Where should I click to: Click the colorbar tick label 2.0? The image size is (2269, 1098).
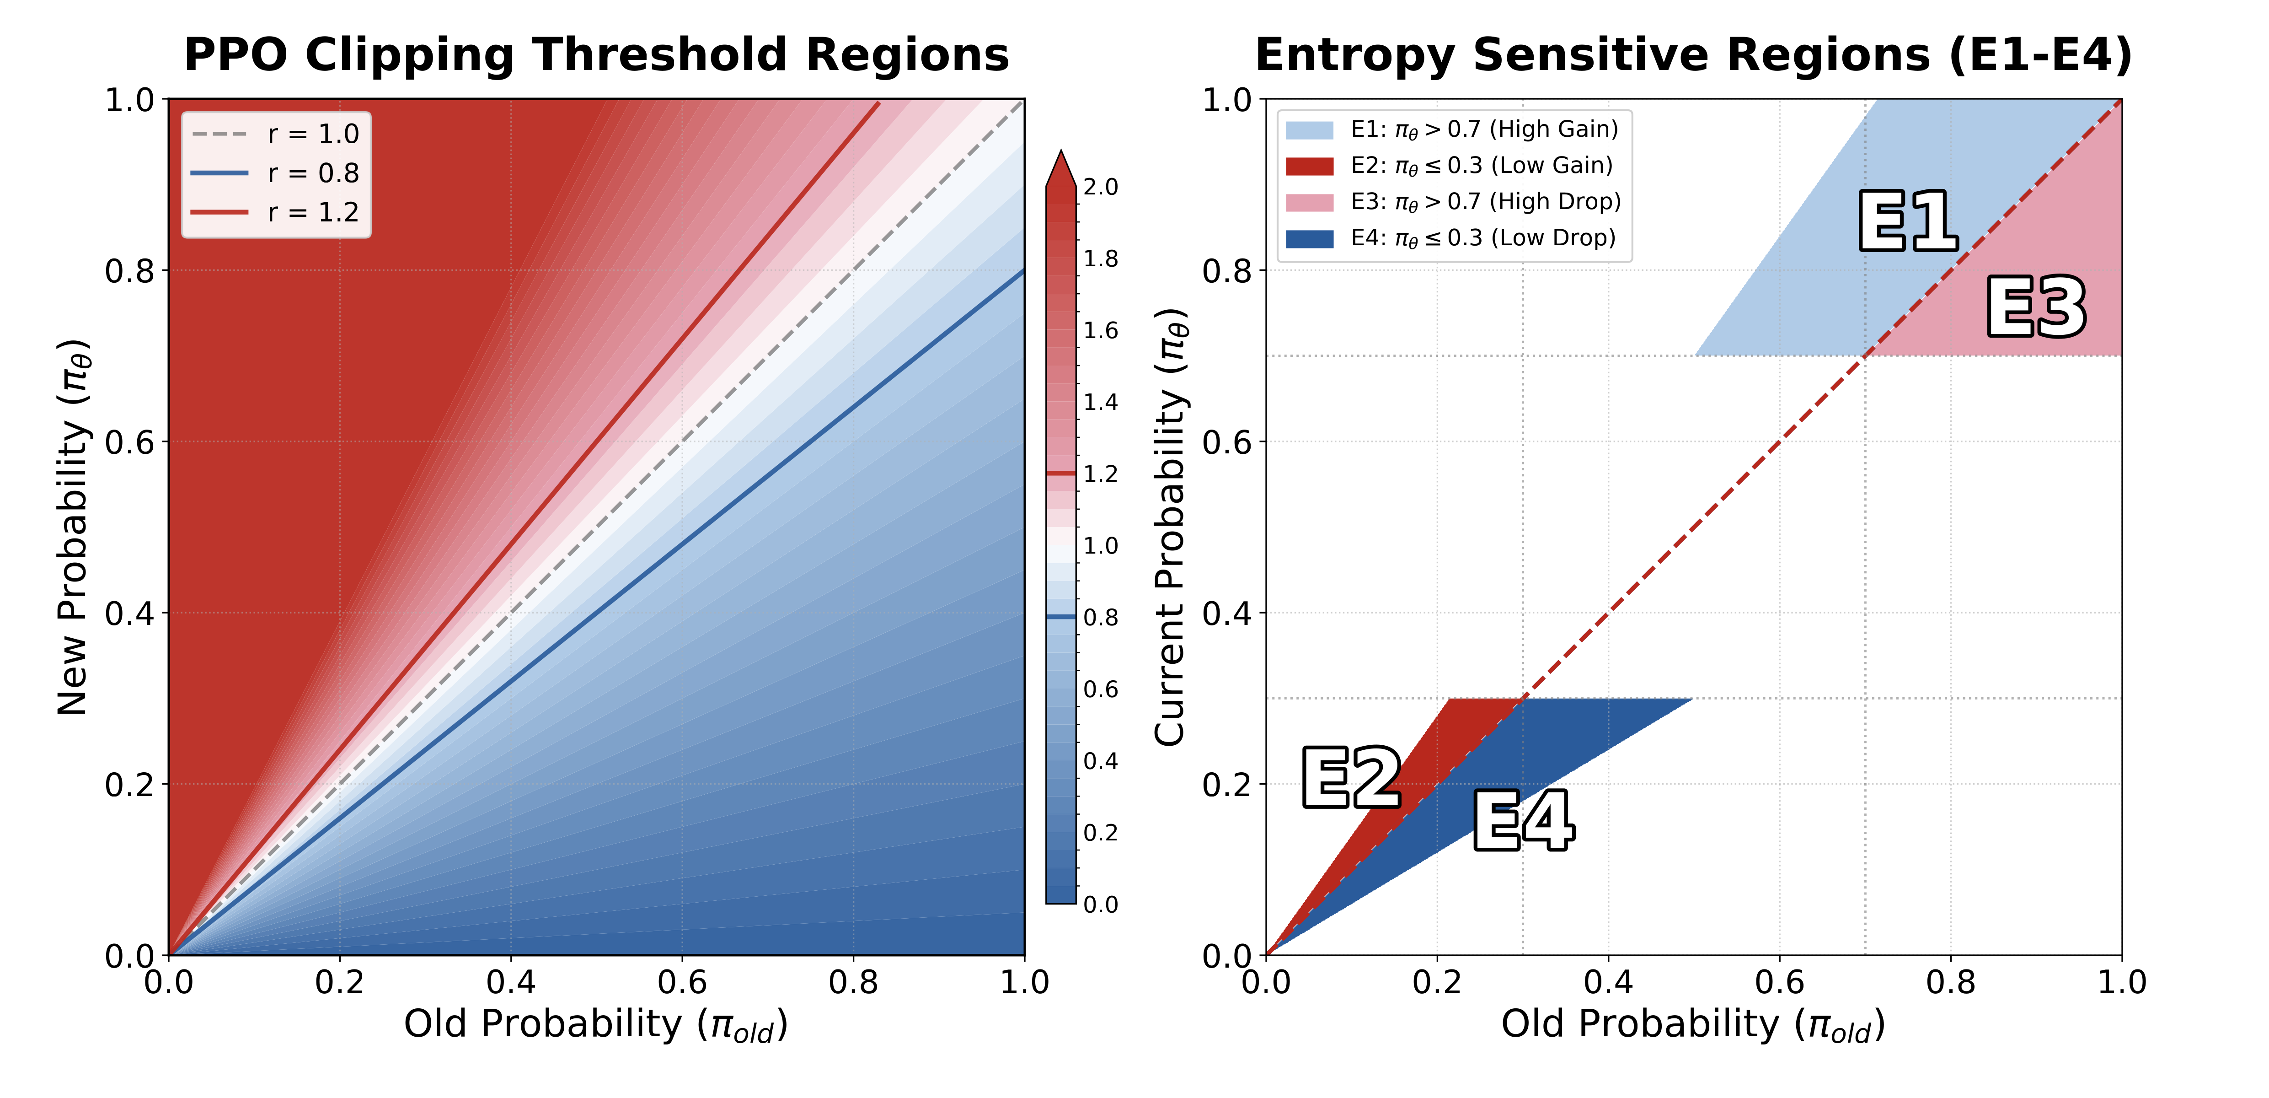click(x=1100, y=187)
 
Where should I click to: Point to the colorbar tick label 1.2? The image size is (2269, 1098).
click(x=1100, y=474)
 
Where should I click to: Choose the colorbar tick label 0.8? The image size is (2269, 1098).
click(x=1100, y=618)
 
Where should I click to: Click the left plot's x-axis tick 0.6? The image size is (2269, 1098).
click(x=682, y=982)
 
